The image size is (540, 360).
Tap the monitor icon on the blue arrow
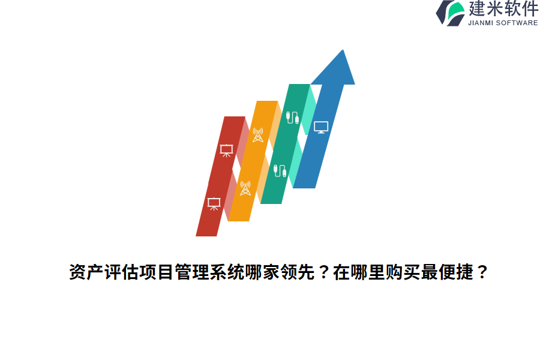click(321, 127)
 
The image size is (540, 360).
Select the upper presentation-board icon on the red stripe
click(226, 151)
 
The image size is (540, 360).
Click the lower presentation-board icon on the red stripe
click(214, 203)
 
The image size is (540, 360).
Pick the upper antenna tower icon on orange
click(257, 135)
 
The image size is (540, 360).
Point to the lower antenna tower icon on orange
click(245, 188)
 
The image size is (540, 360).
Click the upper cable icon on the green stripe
click(292, 117)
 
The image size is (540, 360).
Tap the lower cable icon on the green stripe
click(280, 170)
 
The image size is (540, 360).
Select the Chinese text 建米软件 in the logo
click(503, 9)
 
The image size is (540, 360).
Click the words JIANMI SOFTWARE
click(503, 23)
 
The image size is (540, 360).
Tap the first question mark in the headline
click(322, 273)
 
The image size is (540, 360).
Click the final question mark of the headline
click(481, 273)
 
